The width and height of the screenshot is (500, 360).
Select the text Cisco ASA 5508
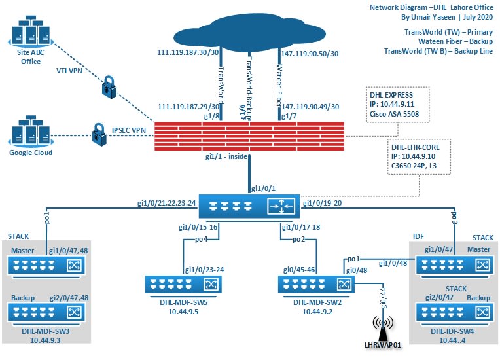(397, 113)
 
